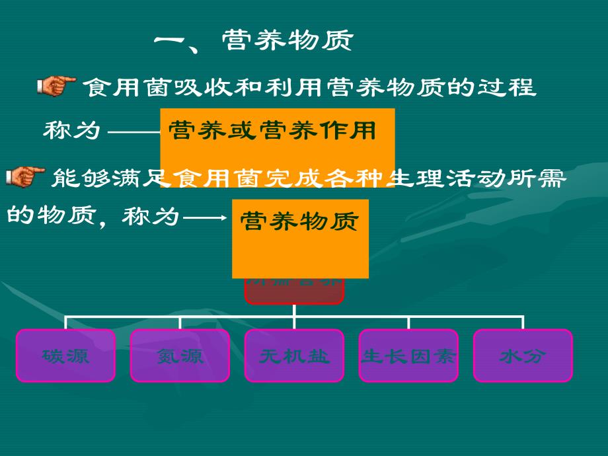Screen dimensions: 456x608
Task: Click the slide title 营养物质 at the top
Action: pos(287,42)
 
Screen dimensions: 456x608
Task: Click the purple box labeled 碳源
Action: pos(65,356)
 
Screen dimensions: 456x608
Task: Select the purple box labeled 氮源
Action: pos(180,356)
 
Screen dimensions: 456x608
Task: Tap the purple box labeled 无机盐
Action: pos(294,356)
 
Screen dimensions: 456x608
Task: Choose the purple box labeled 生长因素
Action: pos(408,356)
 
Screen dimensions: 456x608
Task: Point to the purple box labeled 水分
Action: pos(523,356)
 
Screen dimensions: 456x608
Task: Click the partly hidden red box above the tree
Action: pos(294,291)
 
